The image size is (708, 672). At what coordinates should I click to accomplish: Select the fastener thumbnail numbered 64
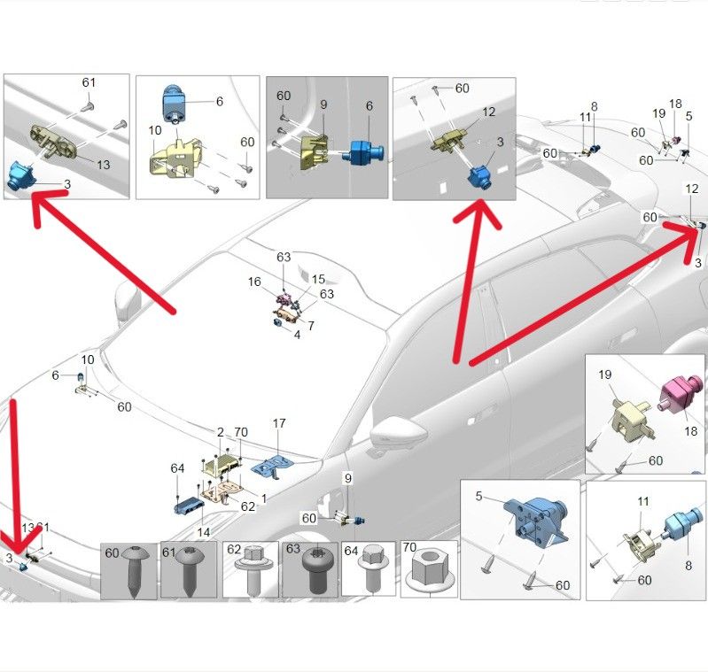[x=368, y=571]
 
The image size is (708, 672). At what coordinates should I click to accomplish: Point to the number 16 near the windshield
[x=254, y=282]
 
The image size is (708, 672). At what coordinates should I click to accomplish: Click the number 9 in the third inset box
[x=324, y=104]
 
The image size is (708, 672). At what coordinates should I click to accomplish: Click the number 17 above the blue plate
[x=278, y=423]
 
